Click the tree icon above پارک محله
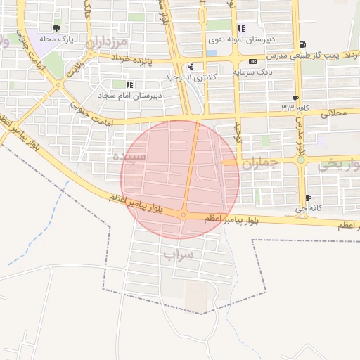point(57,29)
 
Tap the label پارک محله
point(57,39)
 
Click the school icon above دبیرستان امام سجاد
point(129,84)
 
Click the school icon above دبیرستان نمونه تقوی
point(241,29)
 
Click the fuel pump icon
point(302,44)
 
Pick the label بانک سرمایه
point(255,72)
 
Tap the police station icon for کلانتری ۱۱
point(190,67)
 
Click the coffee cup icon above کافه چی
point(308,198)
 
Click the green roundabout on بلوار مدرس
point(301,160)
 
